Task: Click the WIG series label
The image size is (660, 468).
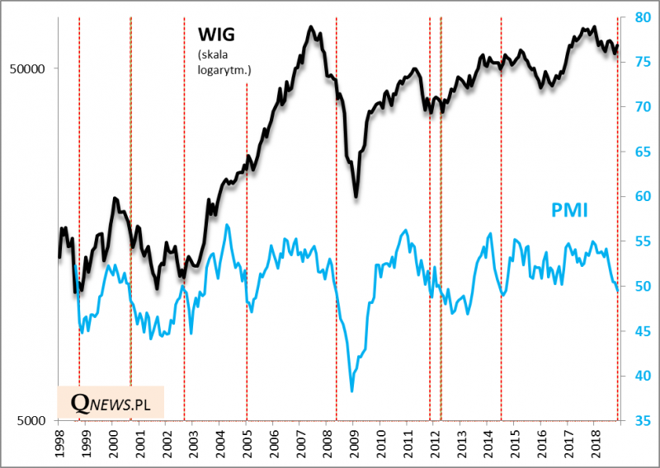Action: [217, 35]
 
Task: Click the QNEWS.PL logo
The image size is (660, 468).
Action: [111, 402]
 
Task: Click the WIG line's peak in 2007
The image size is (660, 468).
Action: [311, 27]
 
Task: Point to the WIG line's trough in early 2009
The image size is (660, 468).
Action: [356, 196]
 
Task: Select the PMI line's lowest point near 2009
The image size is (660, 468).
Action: [352, 390]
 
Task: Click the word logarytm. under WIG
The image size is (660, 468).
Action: [224, 70]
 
